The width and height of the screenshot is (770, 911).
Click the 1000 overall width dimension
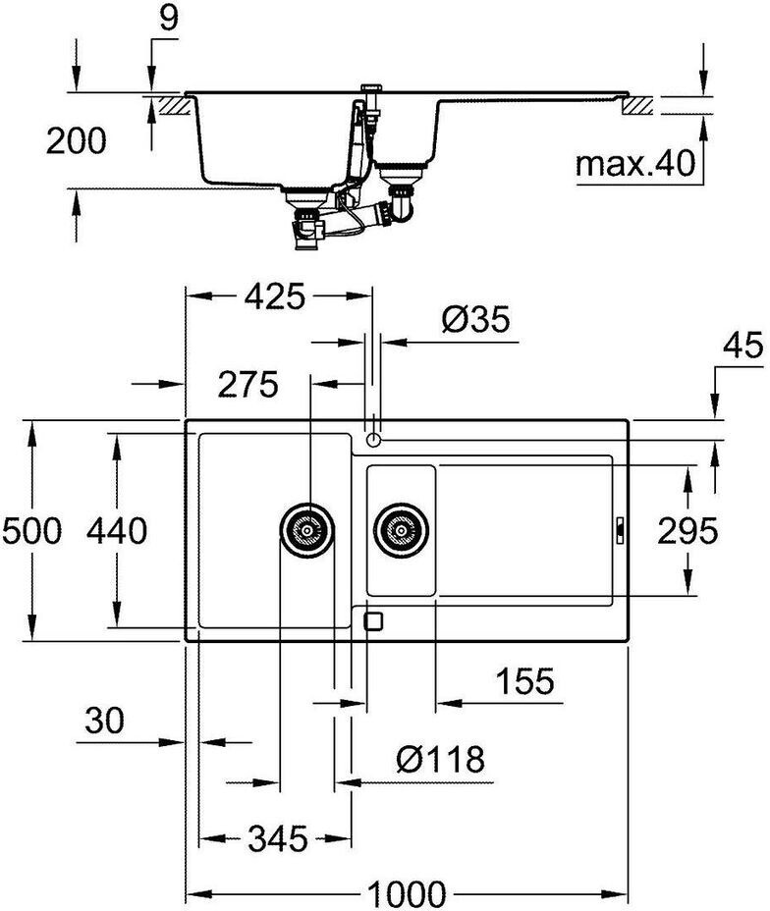click(408, 893)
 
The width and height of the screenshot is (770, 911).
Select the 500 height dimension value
click(32, 531)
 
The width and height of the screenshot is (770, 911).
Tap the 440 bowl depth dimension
click(117, 531)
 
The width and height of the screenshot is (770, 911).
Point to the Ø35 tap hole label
click(476, 319)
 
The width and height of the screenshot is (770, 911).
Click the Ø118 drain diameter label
click(440, 760)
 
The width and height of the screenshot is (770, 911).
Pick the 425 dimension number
click(274, 296)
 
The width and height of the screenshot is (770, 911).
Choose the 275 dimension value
click(248, 385)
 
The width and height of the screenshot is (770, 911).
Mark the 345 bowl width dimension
click(277, 839)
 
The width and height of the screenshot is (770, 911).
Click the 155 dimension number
click(524, 681)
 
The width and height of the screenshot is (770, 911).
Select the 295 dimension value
click(687, 531)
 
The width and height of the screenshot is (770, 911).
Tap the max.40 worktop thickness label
click(635, 163)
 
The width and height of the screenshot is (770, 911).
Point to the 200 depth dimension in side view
click(77, 141)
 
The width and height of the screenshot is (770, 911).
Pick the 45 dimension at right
click(742, 347)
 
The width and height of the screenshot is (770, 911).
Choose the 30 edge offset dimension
click(105, 721)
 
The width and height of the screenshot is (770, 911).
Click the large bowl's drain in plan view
click(306, 530)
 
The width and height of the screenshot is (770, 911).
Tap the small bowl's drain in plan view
click(401, 530)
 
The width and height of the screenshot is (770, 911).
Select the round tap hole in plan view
click(373, 440)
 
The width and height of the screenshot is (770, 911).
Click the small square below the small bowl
click(373, 621)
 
